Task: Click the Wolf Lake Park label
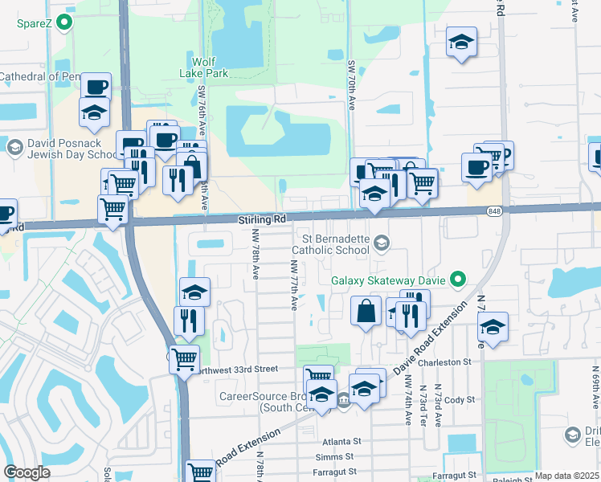click(210, 67)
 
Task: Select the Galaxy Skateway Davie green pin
click(458, 280)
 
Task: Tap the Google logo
click(27, 472)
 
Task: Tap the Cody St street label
click(460, 399)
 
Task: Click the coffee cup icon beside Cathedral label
click(96, 86)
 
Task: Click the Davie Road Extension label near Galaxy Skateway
click(430, 337)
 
